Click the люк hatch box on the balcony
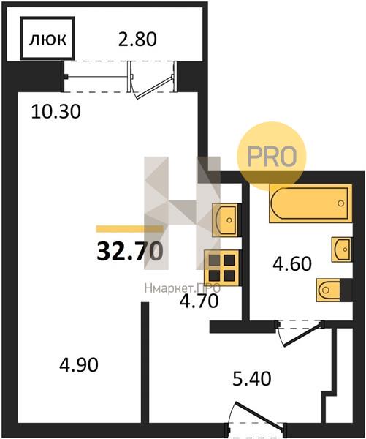tap(47, 38)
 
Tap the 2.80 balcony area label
tap(137, 40)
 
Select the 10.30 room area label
tap(56, 111)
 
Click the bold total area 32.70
tap(130, 251)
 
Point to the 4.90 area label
tap(79, 365)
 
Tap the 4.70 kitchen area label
tap(199, 301)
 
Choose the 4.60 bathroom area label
tap(292, 263)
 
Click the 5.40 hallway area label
tap(251, 378)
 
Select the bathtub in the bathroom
tap(310, 203)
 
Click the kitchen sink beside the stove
tap(226, 219)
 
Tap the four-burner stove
tap(222, 268)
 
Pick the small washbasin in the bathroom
tap(341, 249)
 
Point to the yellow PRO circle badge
tap(272, 157)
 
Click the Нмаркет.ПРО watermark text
tap(183, 288)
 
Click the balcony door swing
tap(153, 84)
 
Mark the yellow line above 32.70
tap(130, 229)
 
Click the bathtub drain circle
tap(340, 203)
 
